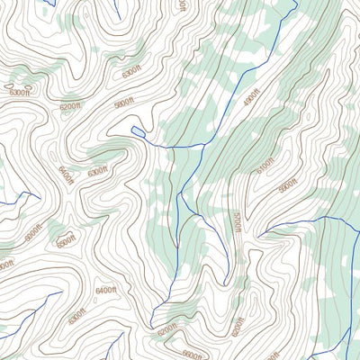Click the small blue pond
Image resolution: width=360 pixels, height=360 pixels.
pos(137,133)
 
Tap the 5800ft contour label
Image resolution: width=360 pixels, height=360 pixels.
pos(123,105)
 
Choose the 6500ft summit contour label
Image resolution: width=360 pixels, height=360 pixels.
pos(65,241)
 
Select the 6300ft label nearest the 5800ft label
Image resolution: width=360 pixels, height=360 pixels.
pos(130,69)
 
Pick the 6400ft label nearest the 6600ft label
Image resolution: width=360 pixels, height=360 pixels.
pos(106,290)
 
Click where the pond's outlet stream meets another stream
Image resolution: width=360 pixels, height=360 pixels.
pos(199,144)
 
